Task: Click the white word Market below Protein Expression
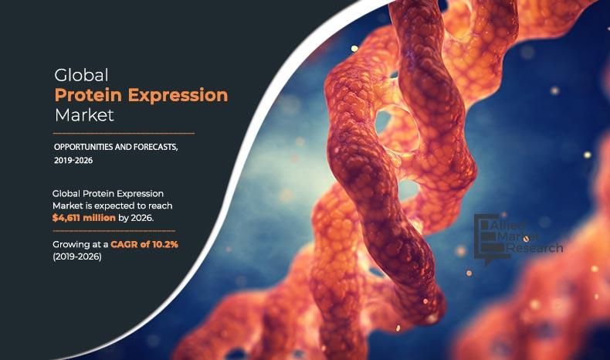pyautogui.click(x=83, y=116)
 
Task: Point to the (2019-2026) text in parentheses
pyautogui.click(x=76, y=256)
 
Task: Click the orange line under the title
pyautogui.click(x=124, y=133)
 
